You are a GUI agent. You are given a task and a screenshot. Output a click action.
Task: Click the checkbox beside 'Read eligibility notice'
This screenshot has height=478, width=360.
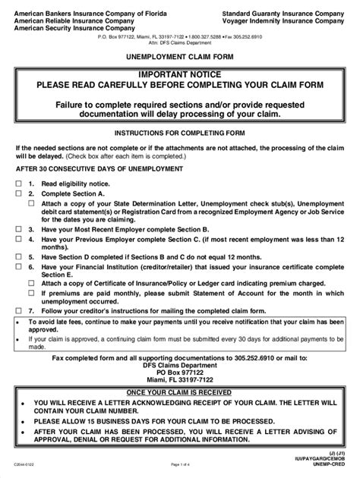click(17, 184)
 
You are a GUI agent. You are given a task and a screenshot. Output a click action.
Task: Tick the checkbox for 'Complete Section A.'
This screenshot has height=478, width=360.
click(17, 193)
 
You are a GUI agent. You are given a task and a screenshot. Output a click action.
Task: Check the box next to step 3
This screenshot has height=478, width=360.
click(17, 229)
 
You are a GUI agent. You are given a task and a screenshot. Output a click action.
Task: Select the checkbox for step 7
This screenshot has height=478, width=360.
click(17, 310)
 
